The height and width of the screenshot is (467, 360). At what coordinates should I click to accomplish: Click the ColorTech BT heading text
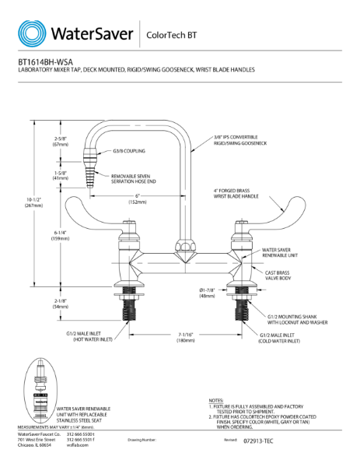173,35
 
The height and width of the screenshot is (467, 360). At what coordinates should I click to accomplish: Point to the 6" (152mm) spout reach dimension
136,198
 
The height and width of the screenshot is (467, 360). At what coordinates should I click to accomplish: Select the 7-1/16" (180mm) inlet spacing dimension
186,336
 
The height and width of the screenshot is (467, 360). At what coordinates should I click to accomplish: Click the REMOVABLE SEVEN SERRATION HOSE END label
133,179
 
